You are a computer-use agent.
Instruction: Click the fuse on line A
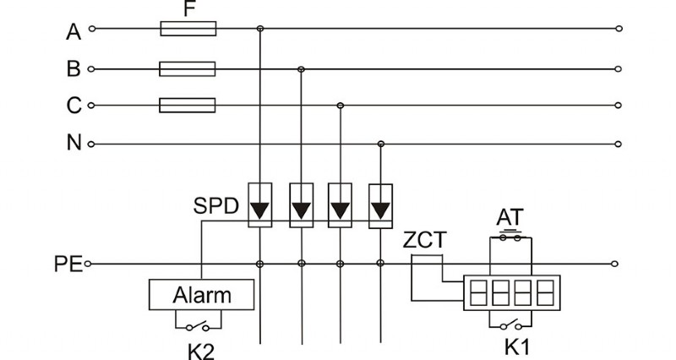pyautogui.click(x=188, y=30)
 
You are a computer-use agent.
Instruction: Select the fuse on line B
pyautogui.click(x=188, y=68)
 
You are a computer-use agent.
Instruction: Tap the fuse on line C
pyautogui.click(x=188, y=106)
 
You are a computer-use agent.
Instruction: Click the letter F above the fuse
pyautogui.click(x=188, y=9)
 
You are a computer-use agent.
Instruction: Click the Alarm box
pyautogui.click(x=202, y=295)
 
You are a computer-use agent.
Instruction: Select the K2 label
pyautogui.click(x=200, y=347)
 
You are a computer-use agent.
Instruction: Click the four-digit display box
pyautogui.click(x=510, y=293)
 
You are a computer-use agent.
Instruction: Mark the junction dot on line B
pyautogui.click(x=301, y=68)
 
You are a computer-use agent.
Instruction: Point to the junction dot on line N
pyautogui.click(x=381, y=144)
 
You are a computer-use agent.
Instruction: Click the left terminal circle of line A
pyautogui.click(x=92, y=30)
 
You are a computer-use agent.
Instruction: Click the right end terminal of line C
pyautogui.click(x=619, y=106)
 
